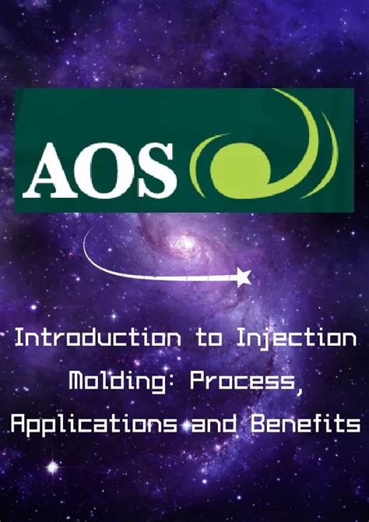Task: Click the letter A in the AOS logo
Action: pyautogui.click(x=48, y=171)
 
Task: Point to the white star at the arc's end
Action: pyautogui.click(x=243, y=277)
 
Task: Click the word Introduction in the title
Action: pyautogui.click(x=98, y=339)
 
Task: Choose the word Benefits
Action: pyautogui.click(x=305, y=424)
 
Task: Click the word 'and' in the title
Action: pyautogui.click(x=214, y=424)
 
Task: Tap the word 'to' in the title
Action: pyautogui.click(x=209, y=339)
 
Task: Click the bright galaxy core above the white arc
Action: pyautogui.click(x=187, y=244)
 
